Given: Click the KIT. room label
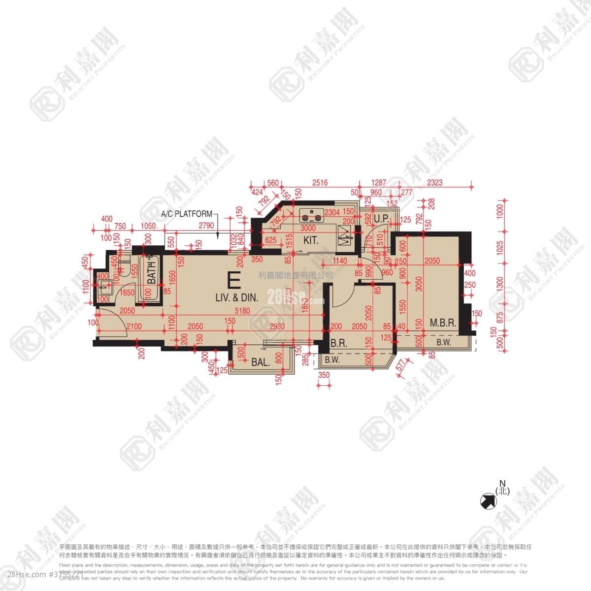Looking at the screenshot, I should (x=311, y=241).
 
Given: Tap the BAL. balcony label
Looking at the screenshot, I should (x=261, y=362).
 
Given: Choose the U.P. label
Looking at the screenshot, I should (x=382, y=218).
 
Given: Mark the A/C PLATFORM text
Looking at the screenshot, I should (x=187, y=214).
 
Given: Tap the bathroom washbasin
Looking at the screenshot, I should (x=104, y=286).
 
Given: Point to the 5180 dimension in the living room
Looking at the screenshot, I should (x=242, y=311).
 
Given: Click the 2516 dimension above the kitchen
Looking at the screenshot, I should (x=319, y=183).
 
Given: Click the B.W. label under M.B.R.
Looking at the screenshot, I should (x=443, y=343).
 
